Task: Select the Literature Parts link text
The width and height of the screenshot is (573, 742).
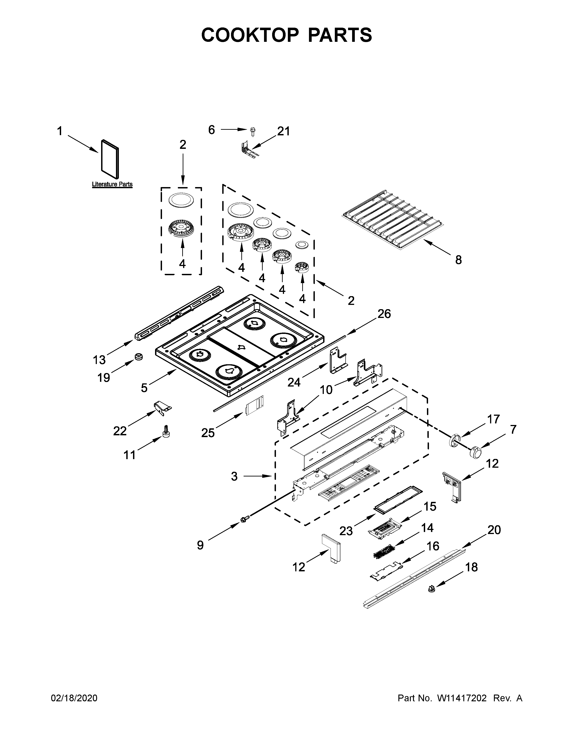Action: point(112,184)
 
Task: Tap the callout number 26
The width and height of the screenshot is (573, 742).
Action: point(384,314)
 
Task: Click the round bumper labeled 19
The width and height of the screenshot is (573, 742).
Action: point(138,357)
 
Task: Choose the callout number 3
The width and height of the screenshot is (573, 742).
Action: point(234,477)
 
